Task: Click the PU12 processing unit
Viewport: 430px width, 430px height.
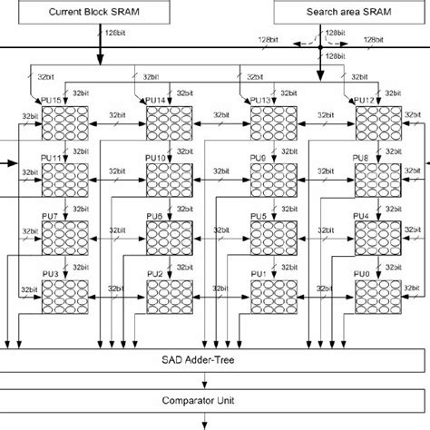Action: click(x=377, y=122)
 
